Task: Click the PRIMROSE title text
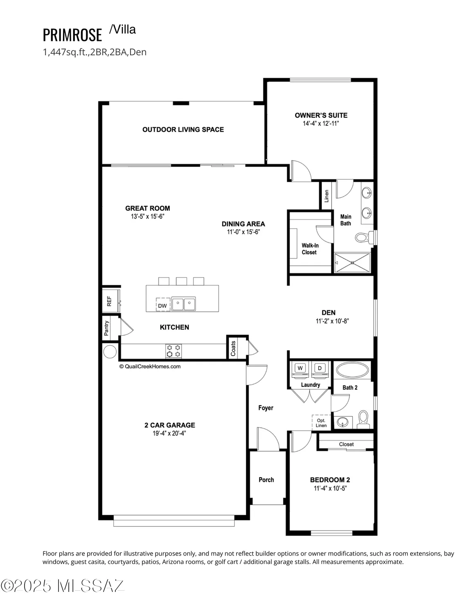pyautogui.click(x=72, y=35)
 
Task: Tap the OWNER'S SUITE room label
pyautogui.click(x=321, y=115)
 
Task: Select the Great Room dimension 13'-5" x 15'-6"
pyautogui.click(x=147, y=217)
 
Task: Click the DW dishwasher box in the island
pyautogui.click(x=162, y=305)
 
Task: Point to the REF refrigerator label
pyautogui.click(x=109, y=301)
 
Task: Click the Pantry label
pyautogui.click(x=107, y=328)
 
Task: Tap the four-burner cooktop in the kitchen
pyautogui.click(x=173, y=351)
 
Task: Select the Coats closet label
pyautogui.click(x=233, y=348)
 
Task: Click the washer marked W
pyautogui.click(x=300, y=368)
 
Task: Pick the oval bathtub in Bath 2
pyautogui.click(x=353, y=370)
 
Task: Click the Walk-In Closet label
pyautogui.click(x=310, y=249)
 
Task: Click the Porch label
pyautogui.click(x=266, y=480)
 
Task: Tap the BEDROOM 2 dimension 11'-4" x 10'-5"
pyautogui.click(x=330, y=488)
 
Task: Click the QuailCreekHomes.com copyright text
pyautogui.click(x=150, y=367)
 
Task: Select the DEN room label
pyautogui.click(x=328, y=313)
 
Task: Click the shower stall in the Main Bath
pyautogui.click(x=352, y=262)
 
